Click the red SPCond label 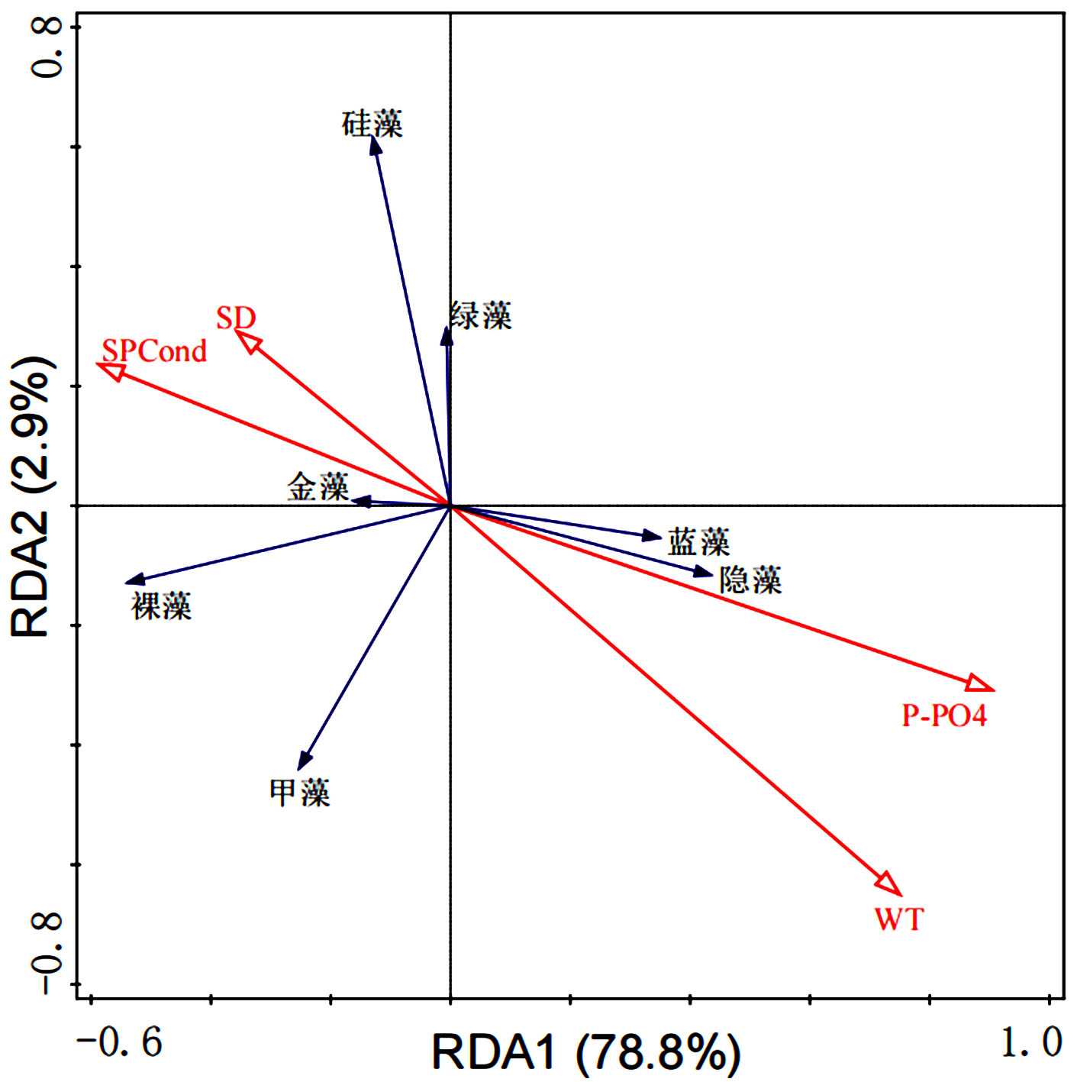154,351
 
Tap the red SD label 235,318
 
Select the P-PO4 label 944,715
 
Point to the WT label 898,918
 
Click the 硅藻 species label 372,124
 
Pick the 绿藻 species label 481,315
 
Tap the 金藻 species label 318,486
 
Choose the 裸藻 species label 161,606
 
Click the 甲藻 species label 299,793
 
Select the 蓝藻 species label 698,542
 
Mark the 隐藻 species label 750,581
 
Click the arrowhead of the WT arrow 891,885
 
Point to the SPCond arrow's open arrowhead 111,370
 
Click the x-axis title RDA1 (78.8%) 585,1051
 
